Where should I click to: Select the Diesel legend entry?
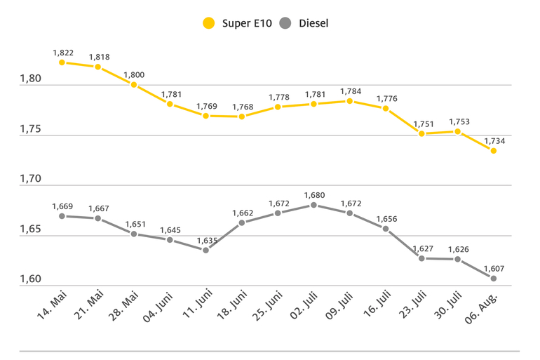304,23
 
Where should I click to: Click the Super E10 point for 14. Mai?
62,62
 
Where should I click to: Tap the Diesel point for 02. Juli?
313,205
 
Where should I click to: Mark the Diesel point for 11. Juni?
205,250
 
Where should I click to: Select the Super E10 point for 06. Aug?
494,151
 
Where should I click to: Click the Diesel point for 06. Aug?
494,279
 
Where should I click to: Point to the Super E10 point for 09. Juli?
349,101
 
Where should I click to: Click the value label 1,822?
62,53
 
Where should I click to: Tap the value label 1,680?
314,194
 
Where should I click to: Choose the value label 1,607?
494,268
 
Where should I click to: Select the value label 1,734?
494,140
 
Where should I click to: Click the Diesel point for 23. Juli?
421,258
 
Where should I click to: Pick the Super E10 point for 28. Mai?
134,85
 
